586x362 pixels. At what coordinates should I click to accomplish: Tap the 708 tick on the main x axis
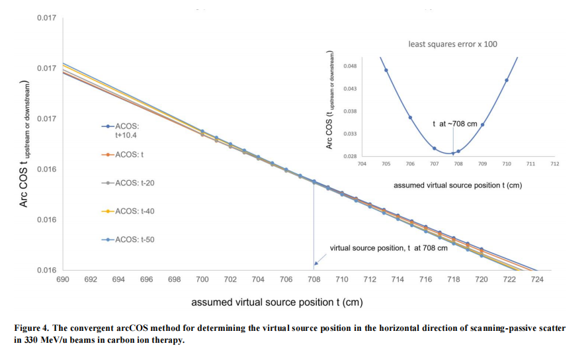tap(314, 280)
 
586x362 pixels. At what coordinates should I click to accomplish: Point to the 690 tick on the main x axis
tap(63, 280)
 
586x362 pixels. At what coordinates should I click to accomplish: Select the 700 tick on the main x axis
tap(202, 280)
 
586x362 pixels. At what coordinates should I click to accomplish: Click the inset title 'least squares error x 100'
tap(452, 44)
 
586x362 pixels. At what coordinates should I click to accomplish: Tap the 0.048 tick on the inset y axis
tap(351, 66)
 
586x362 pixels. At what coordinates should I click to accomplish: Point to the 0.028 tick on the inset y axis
tap(351, 156)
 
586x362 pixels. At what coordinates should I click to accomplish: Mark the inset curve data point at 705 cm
tap(386, 70)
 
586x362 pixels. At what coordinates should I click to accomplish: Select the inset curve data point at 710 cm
tap(507, 80)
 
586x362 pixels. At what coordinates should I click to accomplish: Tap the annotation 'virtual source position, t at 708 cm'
tap(389, 248)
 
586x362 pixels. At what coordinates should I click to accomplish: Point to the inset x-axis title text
tap(458, 185)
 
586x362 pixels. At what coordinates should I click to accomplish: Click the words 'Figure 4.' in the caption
tap(29, 328)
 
